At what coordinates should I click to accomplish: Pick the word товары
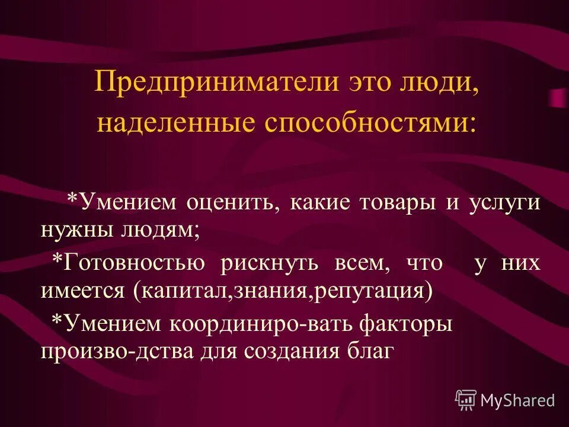(x=399, y=202)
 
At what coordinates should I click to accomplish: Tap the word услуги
(x=504, y=202)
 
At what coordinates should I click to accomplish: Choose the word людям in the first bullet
(x=161, y=230)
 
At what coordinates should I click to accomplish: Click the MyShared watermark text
(x=518, y=400)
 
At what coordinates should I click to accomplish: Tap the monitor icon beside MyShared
(x=466, y=400)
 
